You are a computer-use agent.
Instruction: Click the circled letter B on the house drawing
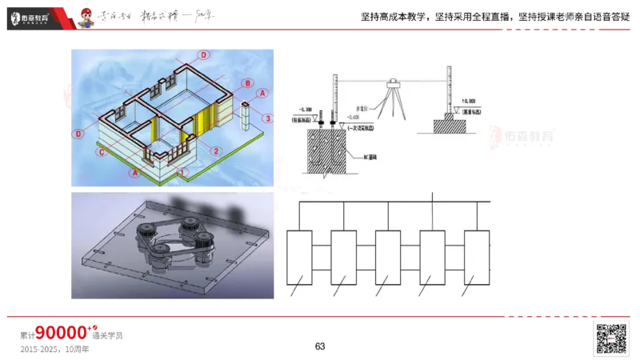[249, 83]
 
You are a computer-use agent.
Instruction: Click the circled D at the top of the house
[203, 54]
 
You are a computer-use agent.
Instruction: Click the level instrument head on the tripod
[393, 82]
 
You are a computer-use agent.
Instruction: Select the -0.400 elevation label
[330, 117]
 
